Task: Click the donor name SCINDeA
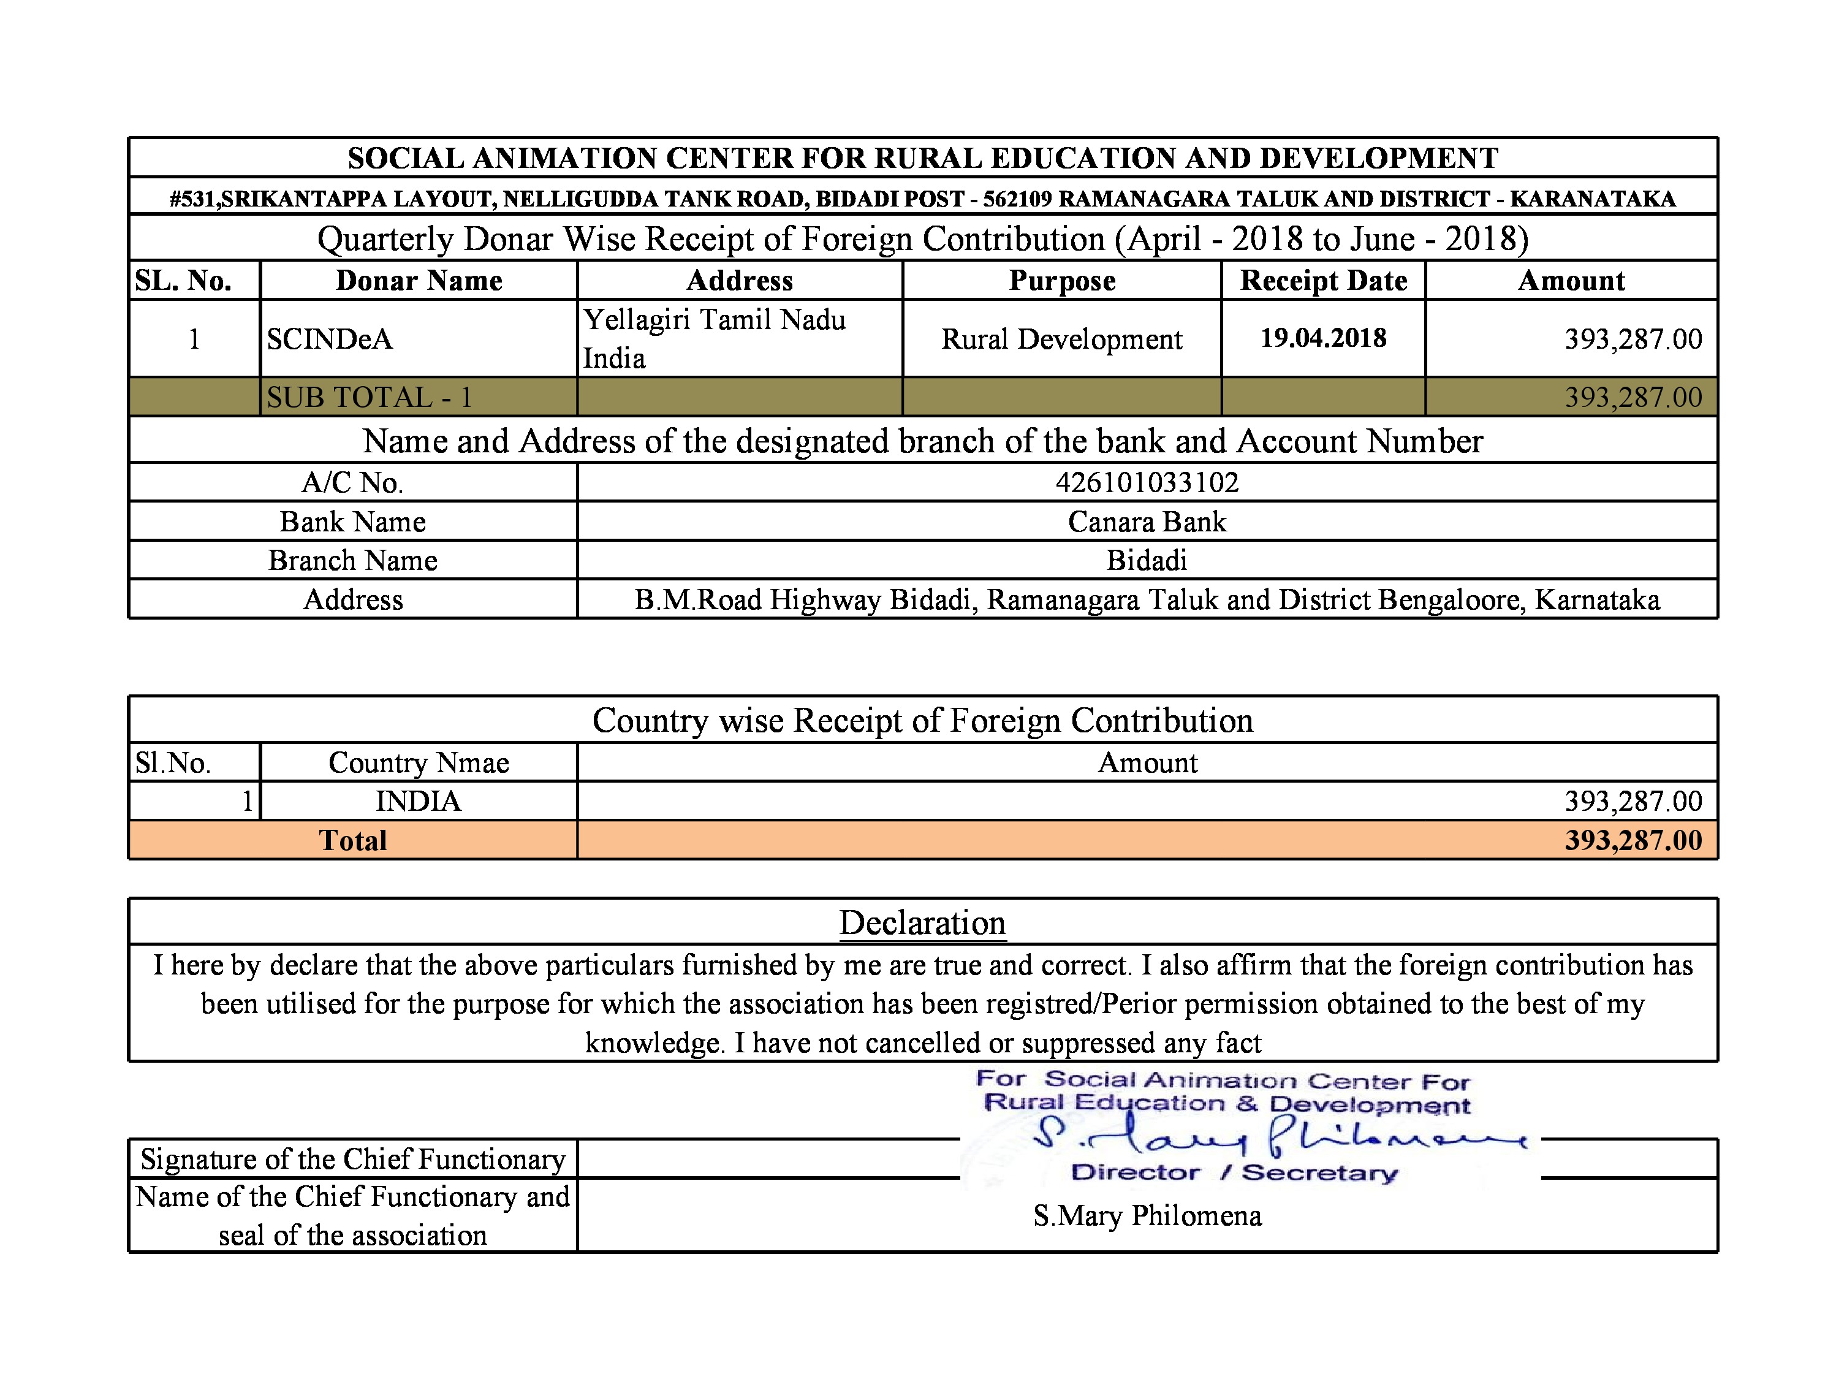click(329, 339)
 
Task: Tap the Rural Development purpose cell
click(1061, 339)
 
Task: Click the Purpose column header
click(1061, 281)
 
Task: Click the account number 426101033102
click(1147, 482)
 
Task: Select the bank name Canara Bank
click(1147, 522)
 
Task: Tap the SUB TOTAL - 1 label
click(369, 397)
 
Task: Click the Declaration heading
click(922, 922)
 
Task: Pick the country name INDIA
click(417, 802)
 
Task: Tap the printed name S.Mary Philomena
click(1147, 1215)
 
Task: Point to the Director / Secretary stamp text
click(1234, 1173)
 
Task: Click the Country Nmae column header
click(417, 763)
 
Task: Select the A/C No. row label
click(352, 482)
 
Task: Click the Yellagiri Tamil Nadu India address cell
click(714, 339)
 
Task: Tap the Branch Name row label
click(352, 560)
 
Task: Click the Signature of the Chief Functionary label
click(352, 1159)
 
